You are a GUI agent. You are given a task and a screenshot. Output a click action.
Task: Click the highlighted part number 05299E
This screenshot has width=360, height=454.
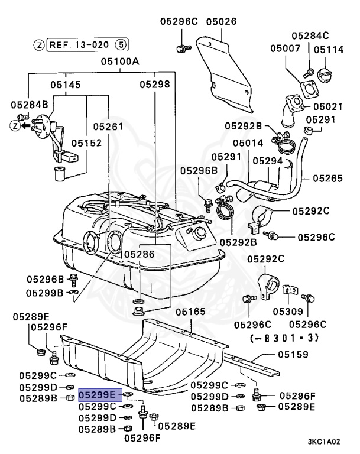click(100, 394)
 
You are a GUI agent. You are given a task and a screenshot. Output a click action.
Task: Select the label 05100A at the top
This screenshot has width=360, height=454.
click(119, 61)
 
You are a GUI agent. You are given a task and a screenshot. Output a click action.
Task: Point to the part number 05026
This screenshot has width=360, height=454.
click(221, 22)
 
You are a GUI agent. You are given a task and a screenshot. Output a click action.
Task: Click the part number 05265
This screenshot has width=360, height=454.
click(328, 177)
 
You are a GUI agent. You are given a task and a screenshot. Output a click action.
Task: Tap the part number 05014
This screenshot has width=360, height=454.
click(248, 143)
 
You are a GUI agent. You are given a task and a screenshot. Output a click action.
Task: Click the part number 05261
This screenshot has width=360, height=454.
click(108, 127)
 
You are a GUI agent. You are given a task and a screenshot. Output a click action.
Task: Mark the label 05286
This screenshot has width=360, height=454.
click(139, 254)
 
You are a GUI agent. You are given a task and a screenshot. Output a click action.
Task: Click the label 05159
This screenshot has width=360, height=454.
click(294, 355)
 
